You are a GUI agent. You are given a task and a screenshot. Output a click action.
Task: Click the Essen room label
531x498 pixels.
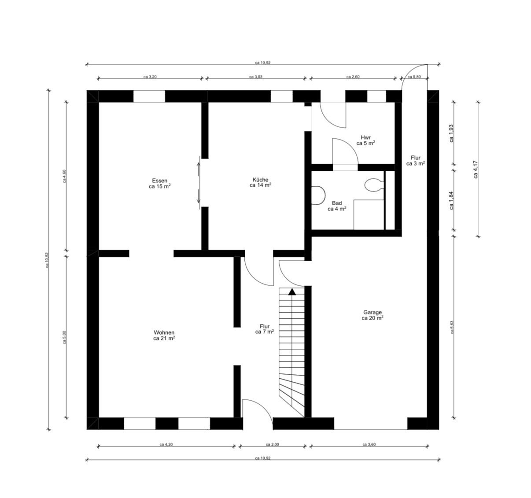[x=159, y=183]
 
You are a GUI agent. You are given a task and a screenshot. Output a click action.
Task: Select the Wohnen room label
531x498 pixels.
[x=164, y=336]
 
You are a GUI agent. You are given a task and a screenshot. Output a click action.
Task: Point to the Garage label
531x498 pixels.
[x=372, y=315]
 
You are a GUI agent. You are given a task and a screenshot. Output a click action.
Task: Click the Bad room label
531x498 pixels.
[x=337, y=206]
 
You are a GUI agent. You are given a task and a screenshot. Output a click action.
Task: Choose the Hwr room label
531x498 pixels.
[x=365, y=140]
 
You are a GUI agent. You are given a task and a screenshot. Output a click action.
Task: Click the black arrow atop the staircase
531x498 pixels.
[x=291, y=291]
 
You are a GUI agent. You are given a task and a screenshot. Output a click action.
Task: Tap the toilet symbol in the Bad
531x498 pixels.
[x=372, y=185]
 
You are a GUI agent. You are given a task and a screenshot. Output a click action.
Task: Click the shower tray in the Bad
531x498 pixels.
[x=369, y=214]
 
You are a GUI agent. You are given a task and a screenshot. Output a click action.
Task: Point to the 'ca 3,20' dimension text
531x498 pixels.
[x=150, y=77]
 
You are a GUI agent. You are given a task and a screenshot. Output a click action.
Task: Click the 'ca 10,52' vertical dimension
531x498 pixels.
[x=47, y=260]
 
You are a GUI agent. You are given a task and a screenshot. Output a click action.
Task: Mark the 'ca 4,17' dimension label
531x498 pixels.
[x=476, y=169]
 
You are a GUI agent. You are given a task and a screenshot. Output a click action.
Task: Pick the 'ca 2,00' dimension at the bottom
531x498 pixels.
[x=273, y=444]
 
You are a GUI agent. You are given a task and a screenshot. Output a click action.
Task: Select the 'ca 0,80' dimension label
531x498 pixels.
[x=414, y=77]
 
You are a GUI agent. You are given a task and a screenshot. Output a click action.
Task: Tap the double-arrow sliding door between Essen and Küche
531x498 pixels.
[x=199, y=183]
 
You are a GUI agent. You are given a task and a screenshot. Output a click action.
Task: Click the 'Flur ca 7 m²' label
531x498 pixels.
[x=265, y=329]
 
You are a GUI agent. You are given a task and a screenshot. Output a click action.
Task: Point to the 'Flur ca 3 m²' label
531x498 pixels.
[x=415, y=160]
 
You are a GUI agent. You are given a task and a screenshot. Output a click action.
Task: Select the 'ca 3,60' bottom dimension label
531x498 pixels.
[x=369, y=444]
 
